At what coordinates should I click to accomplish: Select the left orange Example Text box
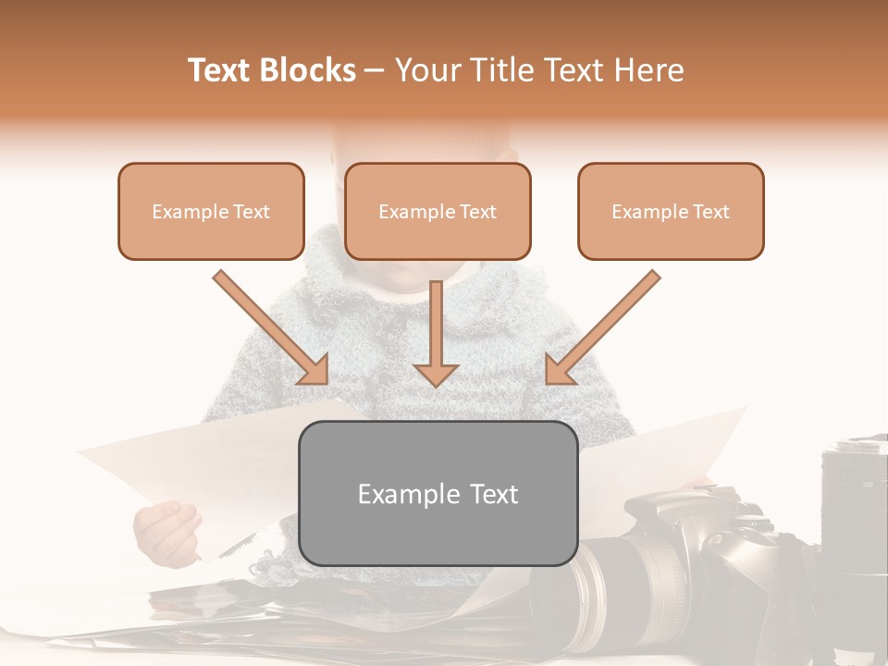211,211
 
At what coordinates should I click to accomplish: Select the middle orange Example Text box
438,211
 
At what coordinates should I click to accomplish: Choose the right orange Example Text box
671,211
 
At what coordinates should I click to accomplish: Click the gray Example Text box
438,493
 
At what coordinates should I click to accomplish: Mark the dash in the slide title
375,71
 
